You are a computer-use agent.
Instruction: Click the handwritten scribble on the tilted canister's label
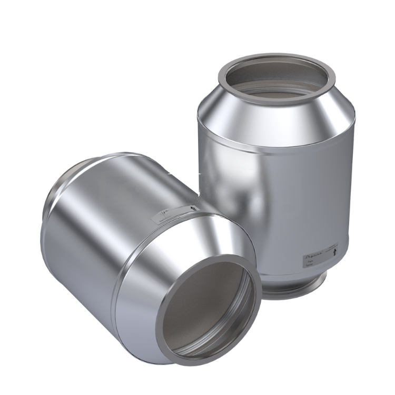pos(163,215)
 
